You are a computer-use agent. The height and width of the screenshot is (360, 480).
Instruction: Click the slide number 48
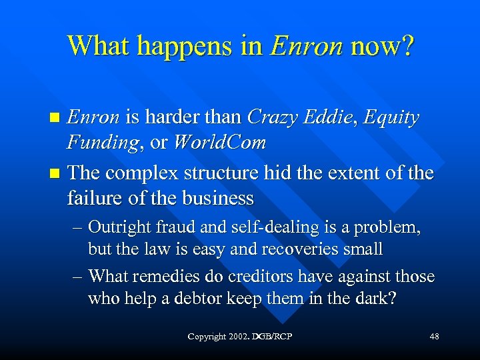point(434,337)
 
